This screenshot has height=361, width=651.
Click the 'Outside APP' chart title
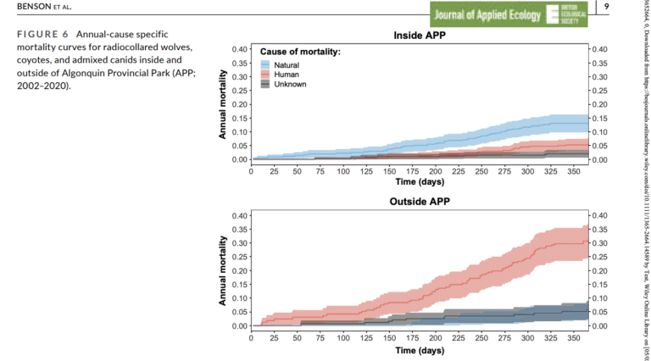click(x=420, y=203)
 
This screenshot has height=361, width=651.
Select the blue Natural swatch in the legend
click(x=266, y=65)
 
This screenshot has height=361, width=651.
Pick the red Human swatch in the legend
click(x=266, y=75)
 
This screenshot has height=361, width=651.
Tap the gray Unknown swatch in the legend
click(x=266, y=84)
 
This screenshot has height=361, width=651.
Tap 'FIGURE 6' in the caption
click(x=41, y=33)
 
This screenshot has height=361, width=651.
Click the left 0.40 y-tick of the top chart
click(x=238, y=49)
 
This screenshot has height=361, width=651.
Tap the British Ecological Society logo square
click(x=555, y=14)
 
